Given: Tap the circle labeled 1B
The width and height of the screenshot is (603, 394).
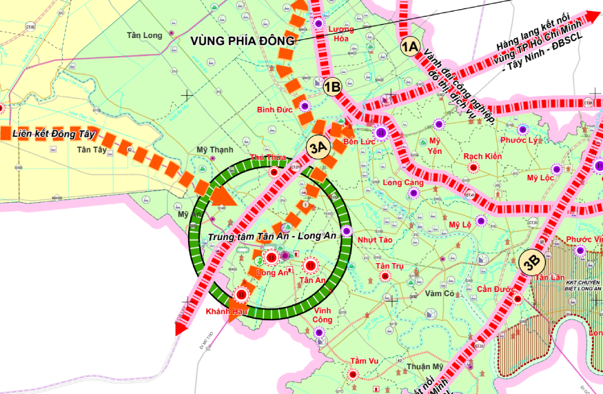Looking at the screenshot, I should [332, 87].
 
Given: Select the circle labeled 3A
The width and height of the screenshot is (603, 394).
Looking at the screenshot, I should [318, 146].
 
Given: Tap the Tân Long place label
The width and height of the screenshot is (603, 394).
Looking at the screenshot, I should [145, 35].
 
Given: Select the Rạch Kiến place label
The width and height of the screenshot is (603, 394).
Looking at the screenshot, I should [482, 156].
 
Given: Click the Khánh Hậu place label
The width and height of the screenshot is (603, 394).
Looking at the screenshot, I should [227, 311].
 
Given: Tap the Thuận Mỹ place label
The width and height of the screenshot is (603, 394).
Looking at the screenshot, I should [425, 366].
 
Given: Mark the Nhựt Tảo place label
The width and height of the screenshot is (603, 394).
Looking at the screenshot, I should [375, 239].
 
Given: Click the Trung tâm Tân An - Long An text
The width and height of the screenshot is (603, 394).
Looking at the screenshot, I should [271, 236].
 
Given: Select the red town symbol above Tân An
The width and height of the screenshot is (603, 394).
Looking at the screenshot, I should [311, 265].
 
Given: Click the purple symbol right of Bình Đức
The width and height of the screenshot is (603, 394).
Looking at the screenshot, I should [305, 106].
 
